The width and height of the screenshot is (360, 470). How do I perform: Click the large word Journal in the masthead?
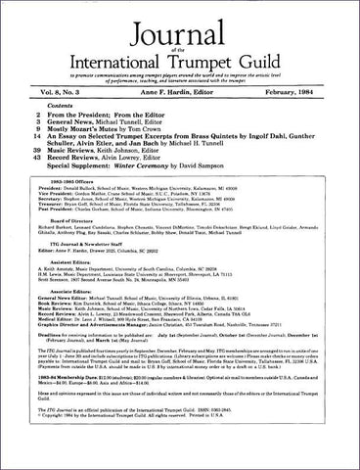coord(180,23)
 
